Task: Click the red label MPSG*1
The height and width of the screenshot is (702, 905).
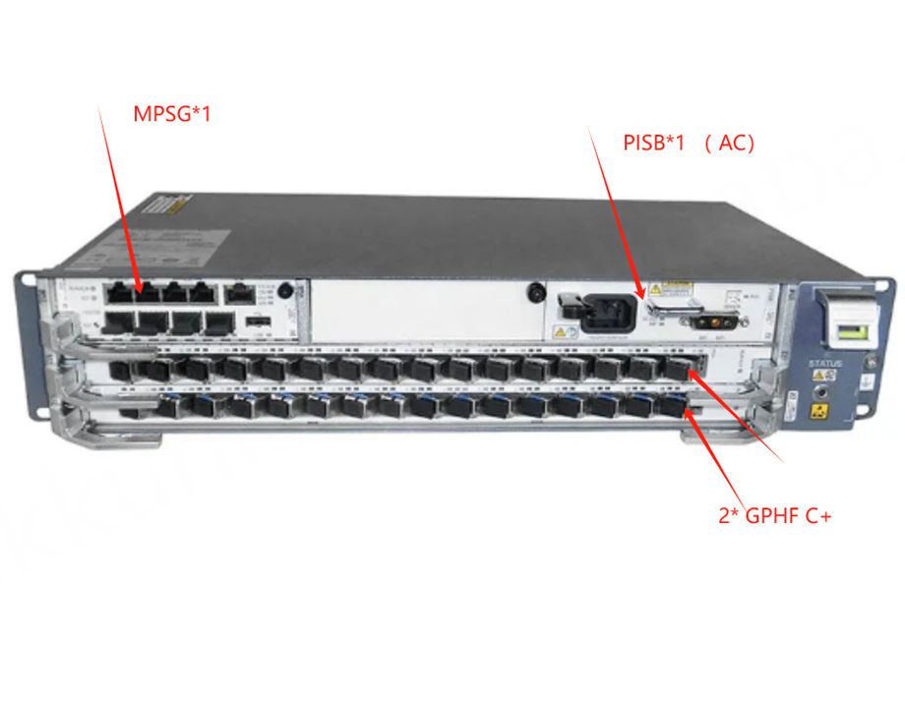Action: click(172, 114)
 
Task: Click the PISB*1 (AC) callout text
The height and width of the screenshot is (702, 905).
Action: click(689, 143)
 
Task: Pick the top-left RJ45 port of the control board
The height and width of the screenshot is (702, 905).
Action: click(121, 292)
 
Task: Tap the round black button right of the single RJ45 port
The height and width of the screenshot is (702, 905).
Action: click(284, 291)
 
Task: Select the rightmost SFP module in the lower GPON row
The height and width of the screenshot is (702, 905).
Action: click(671, 406)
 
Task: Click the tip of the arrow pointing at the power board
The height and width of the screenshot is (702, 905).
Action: click(645, 297)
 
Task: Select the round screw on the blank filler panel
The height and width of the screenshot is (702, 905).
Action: click(536, 292)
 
